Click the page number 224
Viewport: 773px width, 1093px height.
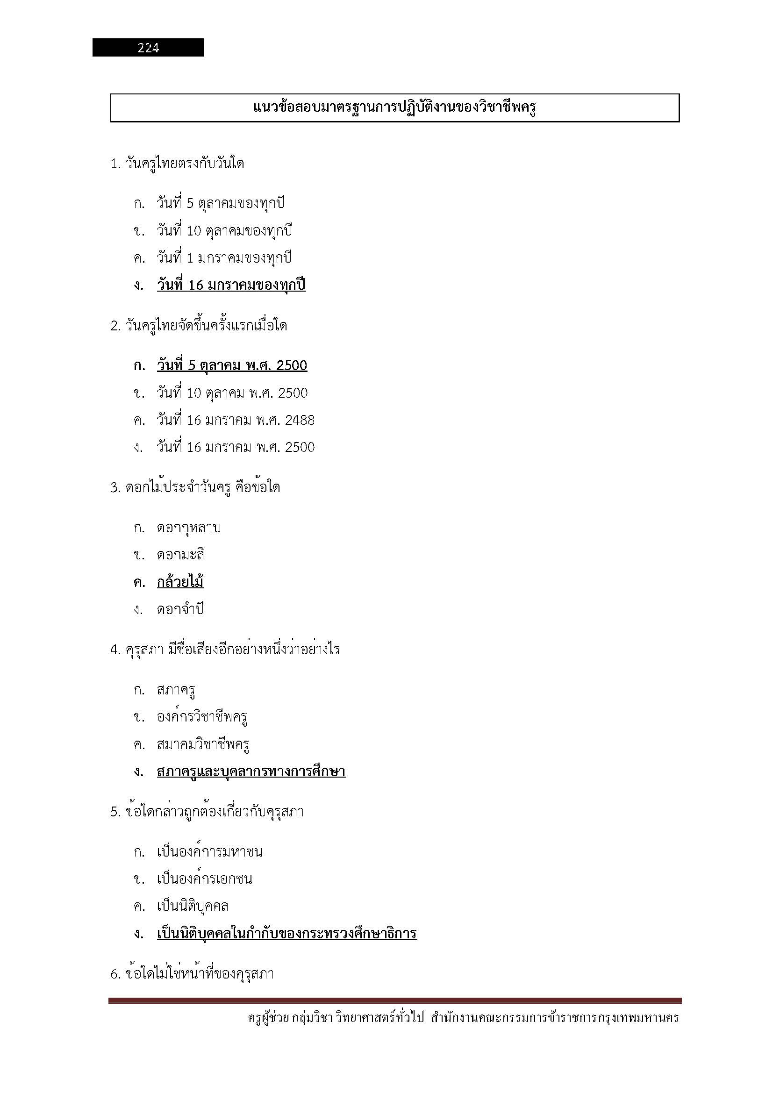point(148,48)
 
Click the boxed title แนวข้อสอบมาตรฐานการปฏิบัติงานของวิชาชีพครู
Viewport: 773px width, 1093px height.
point(394,107)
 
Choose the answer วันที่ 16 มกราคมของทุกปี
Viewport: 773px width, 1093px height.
point(231,285)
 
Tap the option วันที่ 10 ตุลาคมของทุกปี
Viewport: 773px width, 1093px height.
point(224,231)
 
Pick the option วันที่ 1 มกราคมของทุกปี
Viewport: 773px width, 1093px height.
point(224,258)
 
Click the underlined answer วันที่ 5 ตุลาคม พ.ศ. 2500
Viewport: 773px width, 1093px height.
point(232,365)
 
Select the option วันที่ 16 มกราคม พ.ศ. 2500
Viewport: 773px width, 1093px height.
point(236,448)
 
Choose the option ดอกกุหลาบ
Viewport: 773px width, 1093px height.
point(188,528)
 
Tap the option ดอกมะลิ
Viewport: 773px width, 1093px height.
point(180,555)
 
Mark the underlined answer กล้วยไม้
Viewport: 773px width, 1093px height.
point(180,582)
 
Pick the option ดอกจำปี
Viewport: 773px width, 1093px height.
point(180,609)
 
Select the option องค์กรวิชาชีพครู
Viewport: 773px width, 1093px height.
point(202,717)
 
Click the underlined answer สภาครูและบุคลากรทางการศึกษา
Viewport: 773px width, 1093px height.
point(251,771)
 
